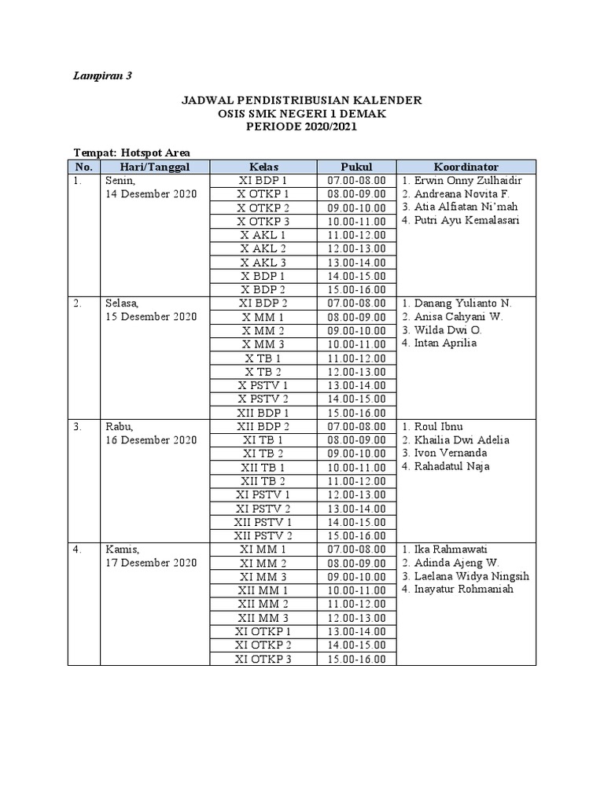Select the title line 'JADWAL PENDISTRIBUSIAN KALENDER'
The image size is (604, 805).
[302, 101]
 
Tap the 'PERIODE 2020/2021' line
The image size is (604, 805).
[302, 127]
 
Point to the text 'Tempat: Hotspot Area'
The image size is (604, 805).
[131, 153]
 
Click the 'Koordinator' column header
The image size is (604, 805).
[466, 167]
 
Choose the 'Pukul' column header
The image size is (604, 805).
[356, 167]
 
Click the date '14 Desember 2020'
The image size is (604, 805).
[150, 194]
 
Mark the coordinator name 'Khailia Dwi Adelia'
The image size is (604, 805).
[467, 439]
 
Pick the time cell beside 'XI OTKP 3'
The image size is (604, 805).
[356, 659]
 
